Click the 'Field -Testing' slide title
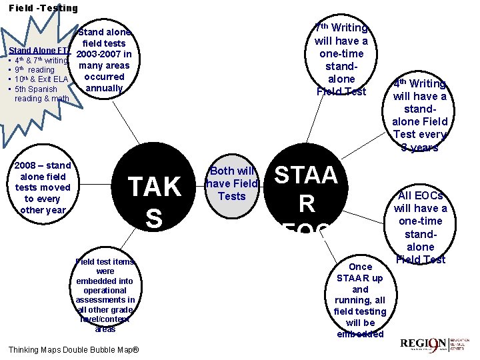point(43,8)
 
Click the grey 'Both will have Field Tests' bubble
point(232,183)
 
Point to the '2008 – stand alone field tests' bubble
point(43,187)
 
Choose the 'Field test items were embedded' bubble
point(105,295)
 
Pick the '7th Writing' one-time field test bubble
point(341,59)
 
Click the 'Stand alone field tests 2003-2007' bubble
point(104,60)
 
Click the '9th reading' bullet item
point(35,70)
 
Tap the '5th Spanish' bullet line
point(36,89)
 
